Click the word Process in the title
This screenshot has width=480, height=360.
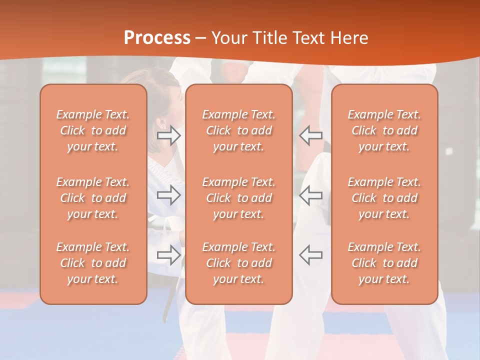coord(157,37)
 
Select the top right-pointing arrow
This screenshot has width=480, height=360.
coord(169,135)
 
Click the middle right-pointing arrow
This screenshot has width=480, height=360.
coord(169,195)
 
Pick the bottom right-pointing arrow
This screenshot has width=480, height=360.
coord(169,254)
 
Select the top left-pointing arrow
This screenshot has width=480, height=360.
coord(310,135)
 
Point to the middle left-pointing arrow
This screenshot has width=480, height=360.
coord(310,195)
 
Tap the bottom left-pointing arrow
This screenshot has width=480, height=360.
coord(310,254)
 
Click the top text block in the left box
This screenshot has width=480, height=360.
coord(93,130)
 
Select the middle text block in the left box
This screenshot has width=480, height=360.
coord(93,198)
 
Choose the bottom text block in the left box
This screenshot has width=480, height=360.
coord(93,263)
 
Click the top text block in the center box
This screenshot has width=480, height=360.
coord(239,130)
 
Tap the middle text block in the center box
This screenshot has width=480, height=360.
coord(239,198)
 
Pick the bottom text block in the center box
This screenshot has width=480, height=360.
coord(239,263)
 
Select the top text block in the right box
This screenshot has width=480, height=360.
coord(384,130)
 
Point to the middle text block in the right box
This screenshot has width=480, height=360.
coord(384,198)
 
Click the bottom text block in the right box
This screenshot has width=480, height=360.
coord(384,263)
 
